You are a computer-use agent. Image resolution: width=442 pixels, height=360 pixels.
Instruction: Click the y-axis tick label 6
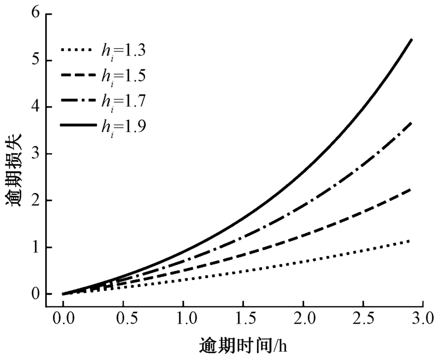click(35, 14)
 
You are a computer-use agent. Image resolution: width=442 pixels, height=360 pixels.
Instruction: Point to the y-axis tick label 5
click(35, 60)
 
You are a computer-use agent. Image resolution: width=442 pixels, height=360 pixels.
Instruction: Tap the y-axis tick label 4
click(35, 107)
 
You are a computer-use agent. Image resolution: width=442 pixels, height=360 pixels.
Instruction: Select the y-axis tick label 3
click(35, 154)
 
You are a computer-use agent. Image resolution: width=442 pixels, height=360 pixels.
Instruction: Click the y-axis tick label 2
click(35, 201)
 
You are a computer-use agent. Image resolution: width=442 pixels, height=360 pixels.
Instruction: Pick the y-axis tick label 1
click(35, 247)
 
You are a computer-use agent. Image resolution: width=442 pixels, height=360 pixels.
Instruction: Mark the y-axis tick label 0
click(35, 294)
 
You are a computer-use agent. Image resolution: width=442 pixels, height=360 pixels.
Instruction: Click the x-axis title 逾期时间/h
click(242, 345)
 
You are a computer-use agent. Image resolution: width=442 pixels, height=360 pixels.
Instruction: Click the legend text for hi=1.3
click(124, 51)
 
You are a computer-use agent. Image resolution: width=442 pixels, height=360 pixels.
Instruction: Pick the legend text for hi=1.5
click(124, 76)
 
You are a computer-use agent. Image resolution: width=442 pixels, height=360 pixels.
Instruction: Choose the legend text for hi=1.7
click(124, 101)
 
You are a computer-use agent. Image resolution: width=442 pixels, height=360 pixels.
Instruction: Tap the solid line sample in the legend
click(78, 125)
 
